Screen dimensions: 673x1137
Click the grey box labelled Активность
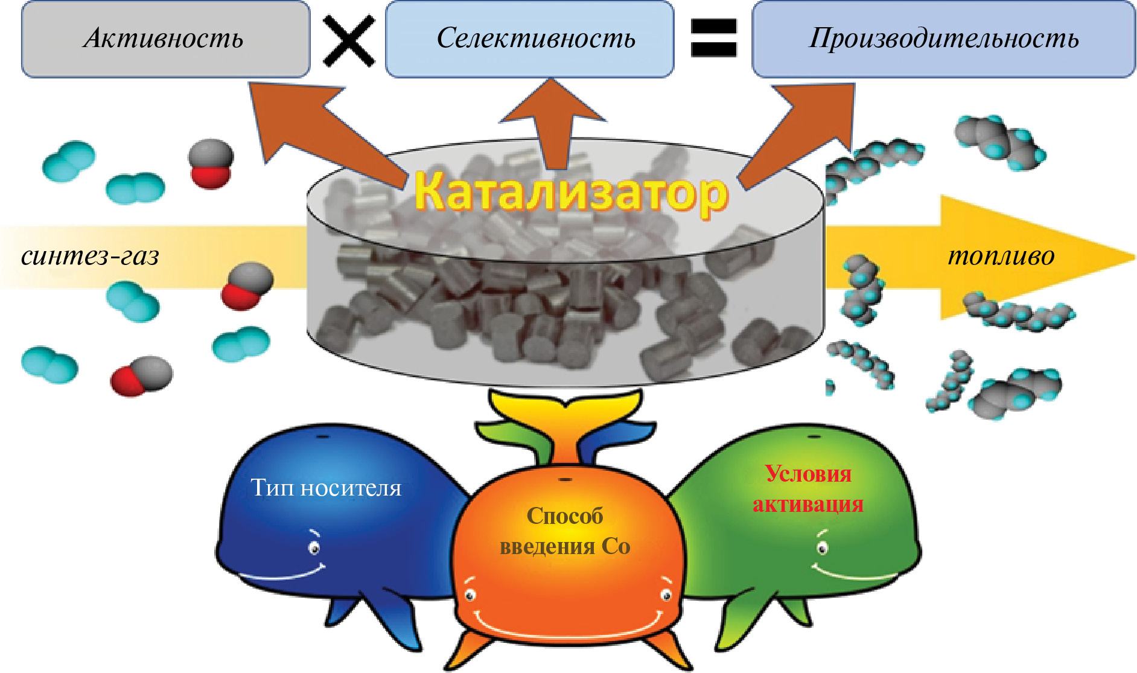click(x=165, y=39)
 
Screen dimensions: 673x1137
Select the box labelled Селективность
click(x=529, y=39)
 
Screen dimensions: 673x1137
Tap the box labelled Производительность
click(x=943, y=39)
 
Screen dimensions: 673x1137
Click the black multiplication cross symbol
click(x=348, y=40)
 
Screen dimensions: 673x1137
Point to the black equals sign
click(x=713, y=38)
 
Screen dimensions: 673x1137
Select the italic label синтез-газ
click(x=90, y=256)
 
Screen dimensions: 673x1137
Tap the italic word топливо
click(x=1001, y=256)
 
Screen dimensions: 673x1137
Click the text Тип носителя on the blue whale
click(x=326, y=488)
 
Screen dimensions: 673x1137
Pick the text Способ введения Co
click(x=565, y=531)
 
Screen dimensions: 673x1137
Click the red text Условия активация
click(x=808, y=489)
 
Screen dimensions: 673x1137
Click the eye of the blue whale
click(x=314, y=547)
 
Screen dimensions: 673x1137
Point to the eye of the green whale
click(x=822, y=548)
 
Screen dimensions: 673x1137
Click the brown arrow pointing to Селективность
click(x=552, y=121)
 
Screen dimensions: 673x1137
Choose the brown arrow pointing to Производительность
click(x=803, y=130)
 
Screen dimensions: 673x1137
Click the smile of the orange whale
click(x=567, y=628)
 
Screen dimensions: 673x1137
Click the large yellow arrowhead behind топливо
click(x=1038, y=257)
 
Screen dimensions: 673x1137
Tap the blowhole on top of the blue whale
click(x=323, y=436)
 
